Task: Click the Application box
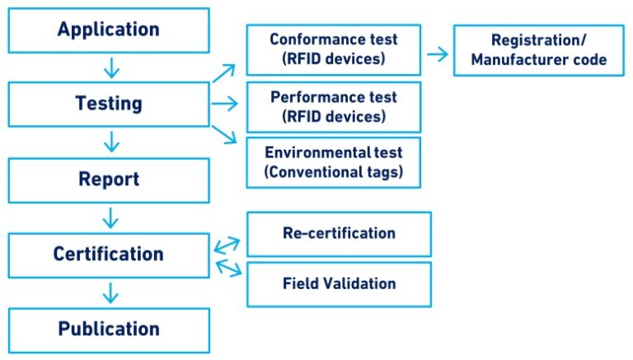pos(109,30)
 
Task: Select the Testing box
pos(109,105)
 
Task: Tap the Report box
pos(109,180)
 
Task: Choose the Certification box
pos(109,255)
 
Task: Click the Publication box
pos(109,330)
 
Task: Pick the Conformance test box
pos(333,50)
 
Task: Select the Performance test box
pos(333,106)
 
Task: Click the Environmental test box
pos(333,162)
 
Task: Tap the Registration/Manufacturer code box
pos(538,50)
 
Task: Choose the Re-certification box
pos(339,233)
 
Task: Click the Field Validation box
pos(339,284)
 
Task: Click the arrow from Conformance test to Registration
pos(438,54)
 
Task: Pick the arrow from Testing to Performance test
pos(224,104)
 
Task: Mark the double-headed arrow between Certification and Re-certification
pos(227,245)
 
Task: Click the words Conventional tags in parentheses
pos(333,172)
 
